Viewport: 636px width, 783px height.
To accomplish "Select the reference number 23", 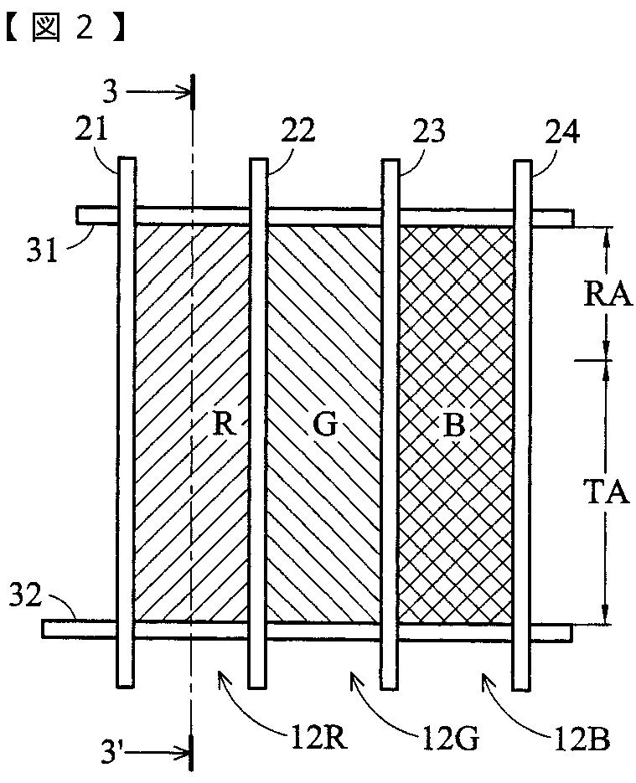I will [428, 131].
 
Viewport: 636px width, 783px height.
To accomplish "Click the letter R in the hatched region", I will [221, 425].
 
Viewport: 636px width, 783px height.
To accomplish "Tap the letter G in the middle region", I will [325, 425].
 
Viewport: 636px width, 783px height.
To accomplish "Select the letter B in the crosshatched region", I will [452, 425].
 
